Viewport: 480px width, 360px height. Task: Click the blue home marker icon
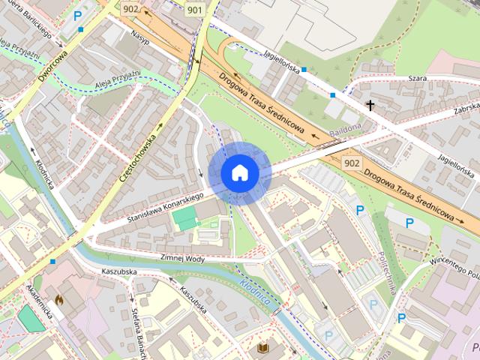point(240,172)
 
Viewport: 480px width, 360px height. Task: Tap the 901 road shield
point(194,10)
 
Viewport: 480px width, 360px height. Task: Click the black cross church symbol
point(370,105)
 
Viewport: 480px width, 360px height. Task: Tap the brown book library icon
point(263,348)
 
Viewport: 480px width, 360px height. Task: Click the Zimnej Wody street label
point(182,256)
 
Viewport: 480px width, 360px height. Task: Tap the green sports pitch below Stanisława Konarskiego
point(184,220)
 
